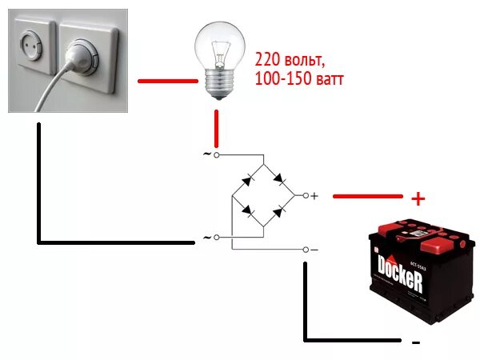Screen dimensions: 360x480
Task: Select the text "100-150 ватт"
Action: (x=300, y=79)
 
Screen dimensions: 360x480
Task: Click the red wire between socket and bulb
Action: (x=167, y=81)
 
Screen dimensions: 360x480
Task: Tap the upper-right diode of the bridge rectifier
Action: (x=279, y=178)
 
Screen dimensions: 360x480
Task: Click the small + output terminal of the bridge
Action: (x=305, y=195)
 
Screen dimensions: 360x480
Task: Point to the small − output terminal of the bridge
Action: (x=305, y=250)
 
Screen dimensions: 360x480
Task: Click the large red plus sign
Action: (x=417, y=198)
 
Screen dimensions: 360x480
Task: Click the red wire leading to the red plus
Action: (x=367, y=195)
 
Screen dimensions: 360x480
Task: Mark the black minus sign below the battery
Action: (x=415, y=342)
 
